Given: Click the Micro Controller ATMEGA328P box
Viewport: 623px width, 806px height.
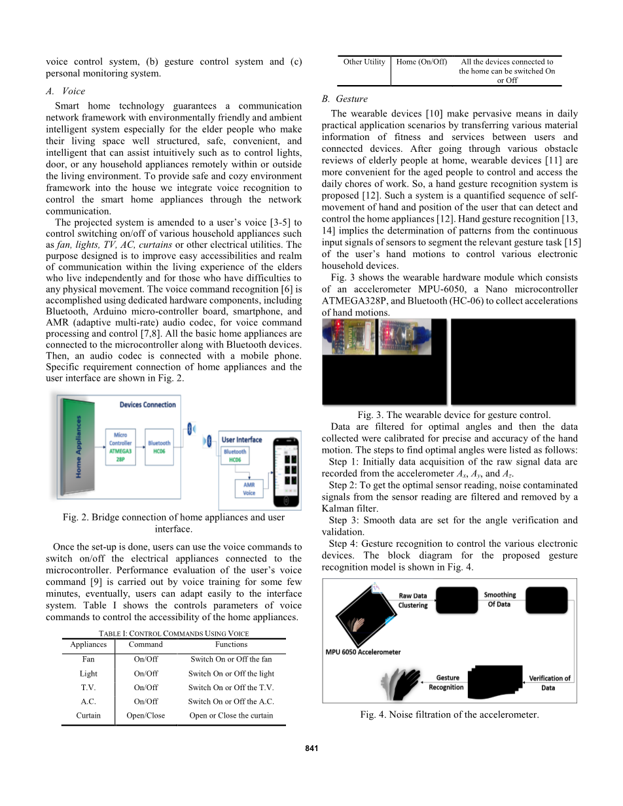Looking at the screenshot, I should [120, 447].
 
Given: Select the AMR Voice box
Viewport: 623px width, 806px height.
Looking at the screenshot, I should [249, 488].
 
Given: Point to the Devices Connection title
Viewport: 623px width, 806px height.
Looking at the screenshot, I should [147, 405].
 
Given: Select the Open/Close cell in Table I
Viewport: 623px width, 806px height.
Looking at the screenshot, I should [145, 715].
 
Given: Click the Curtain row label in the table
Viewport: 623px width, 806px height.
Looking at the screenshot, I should [88, 715].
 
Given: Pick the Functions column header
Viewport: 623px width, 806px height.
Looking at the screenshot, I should [231, 644].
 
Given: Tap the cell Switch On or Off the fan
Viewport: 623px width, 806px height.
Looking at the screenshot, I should [231, 659].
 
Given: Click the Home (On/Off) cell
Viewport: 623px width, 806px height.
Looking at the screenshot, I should [422, 62].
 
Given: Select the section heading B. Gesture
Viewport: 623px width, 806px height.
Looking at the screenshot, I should [345, 99].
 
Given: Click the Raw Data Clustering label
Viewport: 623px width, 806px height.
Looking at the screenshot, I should [413, 601].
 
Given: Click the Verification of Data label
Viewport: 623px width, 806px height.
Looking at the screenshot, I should [549, 682].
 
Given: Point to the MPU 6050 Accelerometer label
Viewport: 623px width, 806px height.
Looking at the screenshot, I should [363, 652].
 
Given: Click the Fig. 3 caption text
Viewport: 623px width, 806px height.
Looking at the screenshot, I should [454, 415].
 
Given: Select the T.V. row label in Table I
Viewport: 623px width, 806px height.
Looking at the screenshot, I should [88, 688].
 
